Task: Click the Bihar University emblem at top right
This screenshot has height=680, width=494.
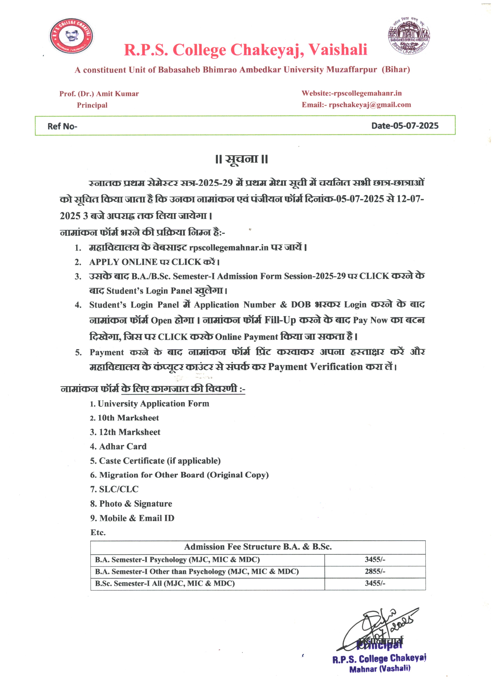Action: [x=409, y=36]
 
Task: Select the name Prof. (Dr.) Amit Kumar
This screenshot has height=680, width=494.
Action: [x=99, y=94]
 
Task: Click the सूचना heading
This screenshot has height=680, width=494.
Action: [x=241, y=159]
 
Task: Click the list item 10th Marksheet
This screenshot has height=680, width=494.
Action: [x=128, y=418]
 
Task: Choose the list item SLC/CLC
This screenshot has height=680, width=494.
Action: [x=119, y=489]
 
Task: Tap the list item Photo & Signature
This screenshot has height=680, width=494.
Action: [x=135, y=504]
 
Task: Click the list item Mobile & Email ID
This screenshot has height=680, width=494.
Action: [x=137, y=518]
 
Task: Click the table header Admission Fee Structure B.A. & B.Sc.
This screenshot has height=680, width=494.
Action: [x=258, y=547]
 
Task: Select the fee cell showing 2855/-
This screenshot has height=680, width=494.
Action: [x=375, y=571]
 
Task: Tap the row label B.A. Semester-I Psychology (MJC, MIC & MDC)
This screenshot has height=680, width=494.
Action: [x=177, y=559]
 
